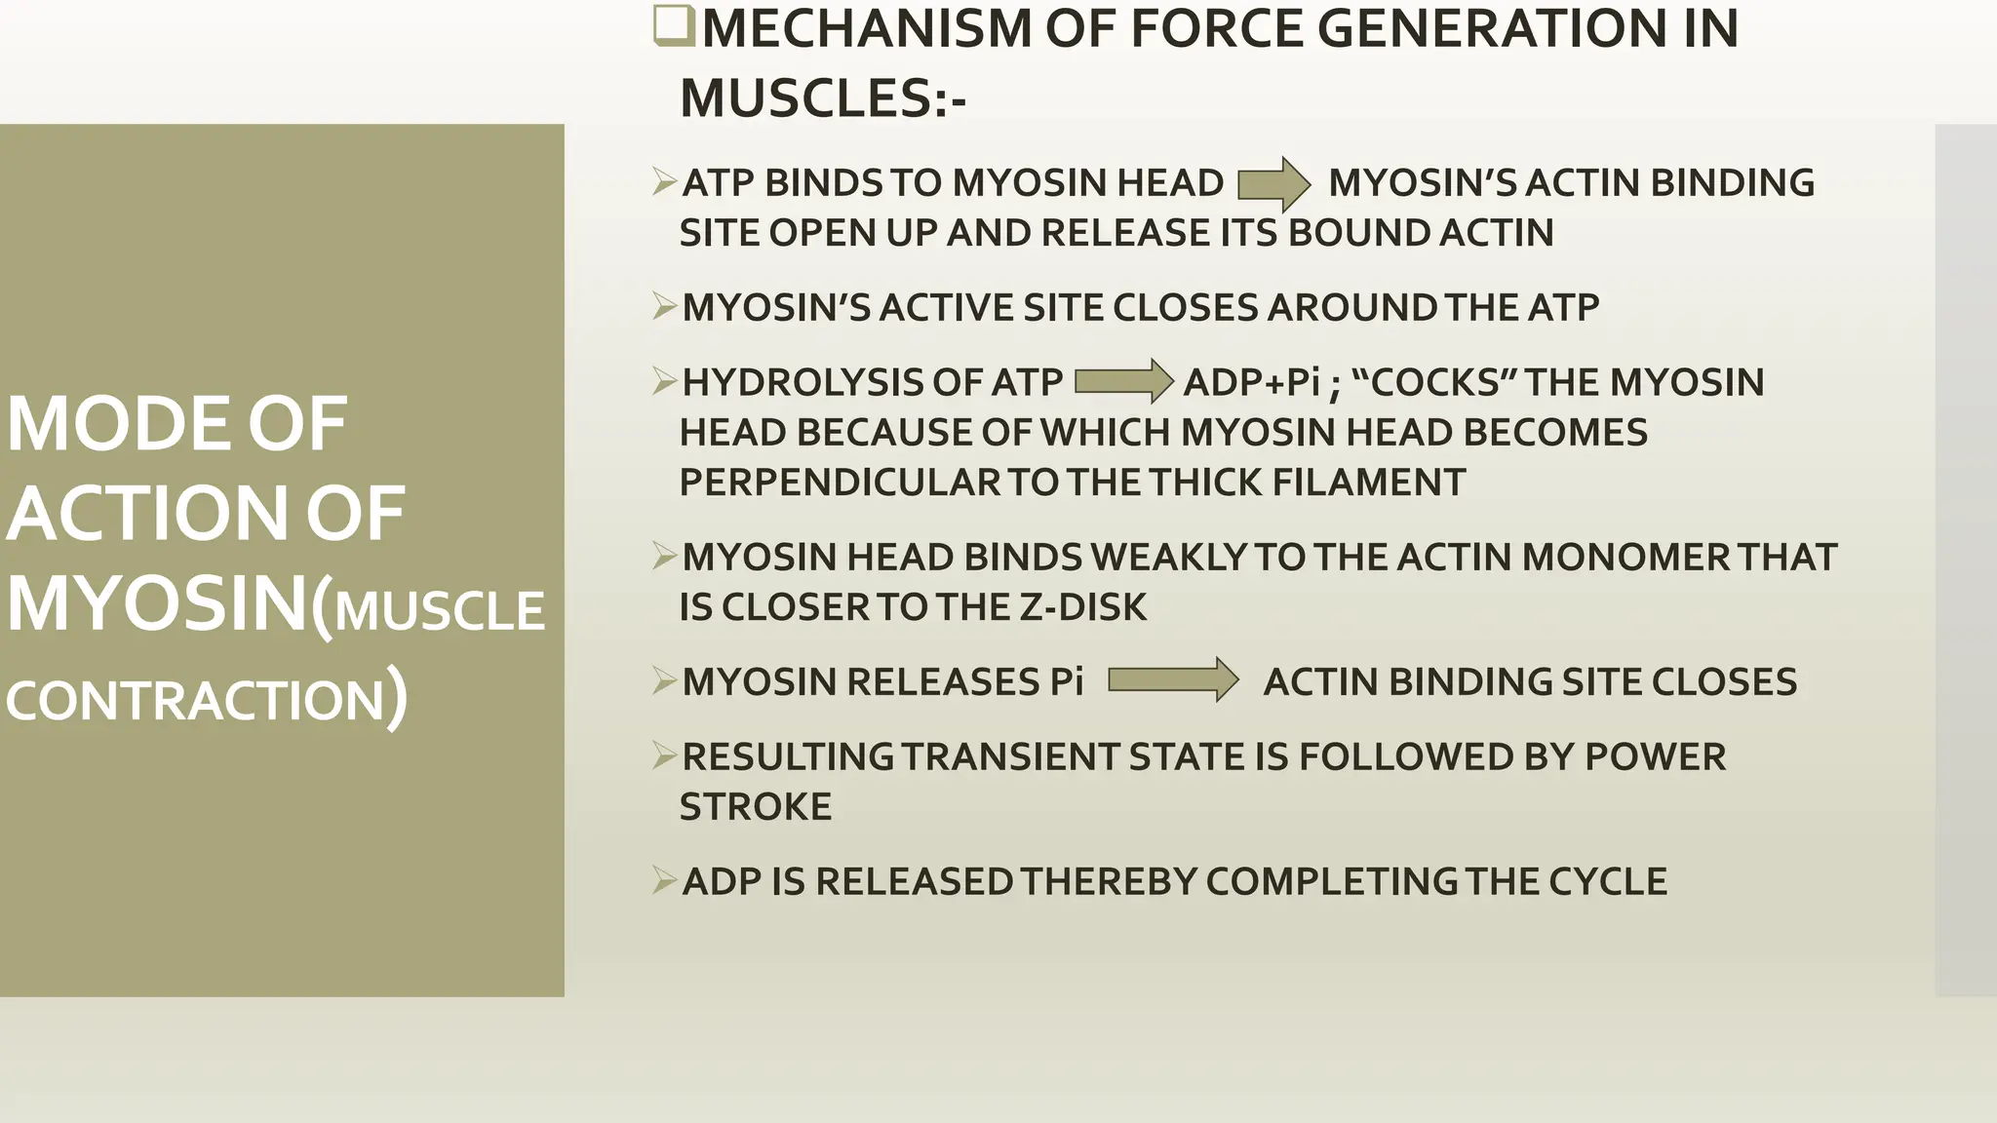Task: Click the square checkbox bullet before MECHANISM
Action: click(673, 26)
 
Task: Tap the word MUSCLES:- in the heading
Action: click(822, 98)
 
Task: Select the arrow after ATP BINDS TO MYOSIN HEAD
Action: click(1273, 183)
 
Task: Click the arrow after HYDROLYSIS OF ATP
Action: click(1123, 381)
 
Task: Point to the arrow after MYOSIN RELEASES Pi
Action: click(1173, 679)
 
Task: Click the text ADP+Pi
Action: click(1251, 382)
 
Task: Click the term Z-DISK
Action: click(1082, 607)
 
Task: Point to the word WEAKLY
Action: click(1168, 558)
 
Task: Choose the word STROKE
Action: click(756, 807)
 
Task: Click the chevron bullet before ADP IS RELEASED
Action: click(664, 881)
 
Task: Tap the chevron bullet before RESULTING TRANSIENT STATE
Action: click(664, 756)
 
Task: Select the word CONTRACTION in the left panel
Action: click(196, 701)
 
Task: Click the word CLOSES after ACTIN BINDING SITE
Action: click(1723, 682)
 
